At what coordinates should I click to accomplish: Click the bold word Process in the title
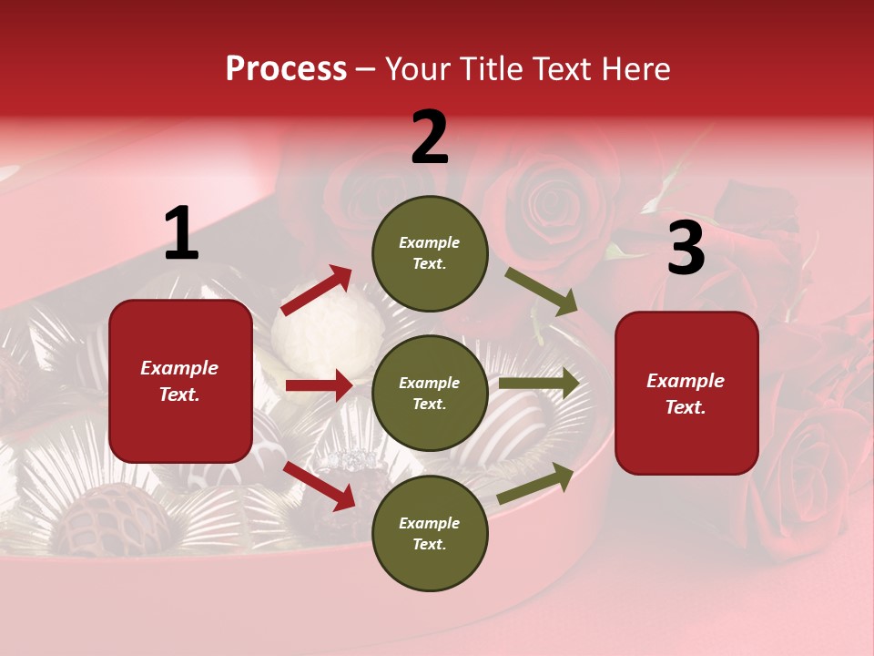[x=286, y=68]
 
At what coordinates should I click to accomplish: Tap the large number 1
[x=181, y=234]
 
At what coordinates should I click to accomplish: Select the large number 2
[x=430, y=138]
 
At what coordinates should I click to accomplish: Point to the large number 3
[x=686, y=250]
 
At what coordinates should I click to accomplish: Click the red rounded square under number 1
[x=180, y=381]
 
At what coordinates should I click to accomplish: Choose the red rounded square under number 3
[x=686, y=393]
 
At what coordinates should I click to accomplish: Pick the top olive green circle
[x=430, y=253]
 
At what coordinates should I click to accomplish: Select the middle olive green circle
[x=430, y=393]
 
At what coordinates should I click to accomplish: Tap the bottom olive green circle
[x=430, y=533]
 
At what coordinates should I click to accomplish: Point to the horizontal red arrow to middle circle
[x=319, y=385]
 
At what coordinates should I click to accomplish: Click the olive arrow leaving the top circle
[x=541, y=292]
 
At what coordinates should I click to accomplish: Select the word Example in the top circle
[x=430, y=242]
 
